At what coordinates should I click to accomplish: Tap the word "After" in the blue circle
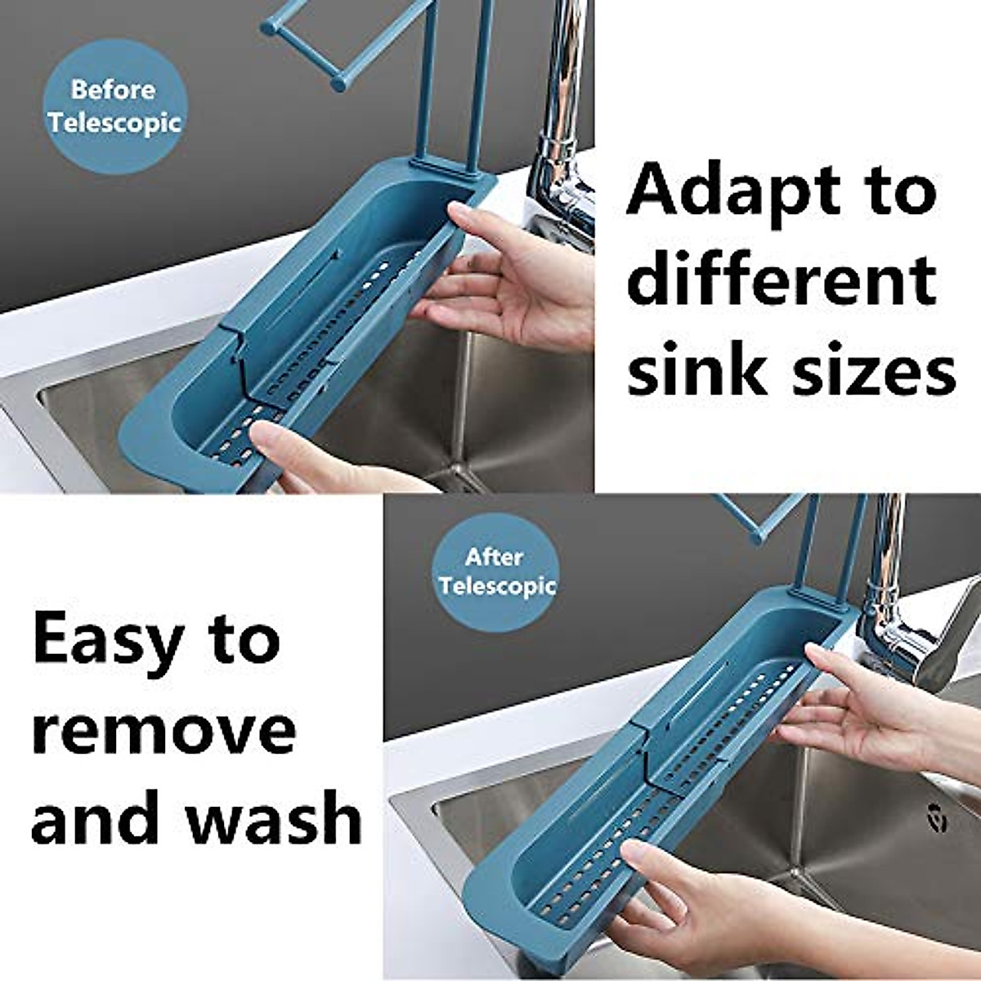(494, 558)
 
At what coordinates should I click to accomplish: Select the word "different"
(783, 280)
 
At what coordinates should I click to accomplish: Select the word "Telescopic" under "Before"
(114, 123)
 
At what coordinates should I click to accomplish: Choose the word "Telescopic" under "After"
(497, 586)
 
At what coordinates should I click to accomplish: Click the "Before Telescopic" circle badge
(114, 106)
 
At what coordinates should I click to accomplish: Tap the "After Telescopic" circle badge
(496, 572)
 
